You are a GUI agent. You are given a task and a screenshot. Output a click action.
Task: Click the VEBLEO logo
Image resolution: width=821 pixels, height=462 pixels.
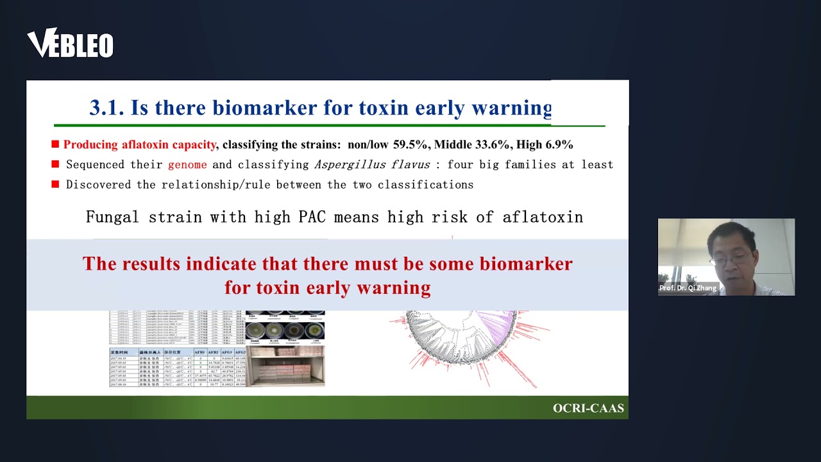pos(70,44)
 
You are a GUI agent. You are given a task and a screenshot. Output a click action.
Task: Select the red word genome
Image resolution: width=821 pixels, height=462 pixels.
pos(187,165)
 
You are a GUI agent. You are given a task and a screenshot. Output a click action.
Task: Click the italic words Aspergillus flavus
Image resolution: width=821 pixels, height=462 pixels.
pos(371,165)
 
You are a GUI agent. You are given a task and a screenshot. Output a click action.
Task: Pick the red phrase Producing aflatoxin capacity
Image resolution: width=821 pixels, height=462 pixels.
pos(139,145)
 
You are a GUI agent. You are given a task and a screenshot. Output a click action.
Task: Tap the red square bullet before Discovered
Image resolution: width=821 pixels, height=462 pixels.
pos(55,185)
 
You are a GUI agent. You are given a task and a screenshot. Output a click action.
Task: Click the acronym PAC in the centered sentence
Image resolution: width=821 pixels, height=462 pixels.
pos(312,217)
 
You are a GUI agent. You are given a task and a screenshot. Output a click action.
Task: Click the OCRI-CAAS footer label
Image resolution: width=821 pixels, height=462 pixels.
pos(588,408)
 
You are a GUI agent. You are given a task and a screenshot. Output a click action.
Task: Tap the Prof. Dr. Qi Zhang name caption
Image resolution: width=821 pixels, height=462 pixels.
pos(688,288)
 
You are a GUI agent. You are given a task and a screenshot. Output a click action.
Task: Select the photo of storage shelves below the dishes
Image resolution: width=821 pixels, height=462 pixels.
pos(285,367)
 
